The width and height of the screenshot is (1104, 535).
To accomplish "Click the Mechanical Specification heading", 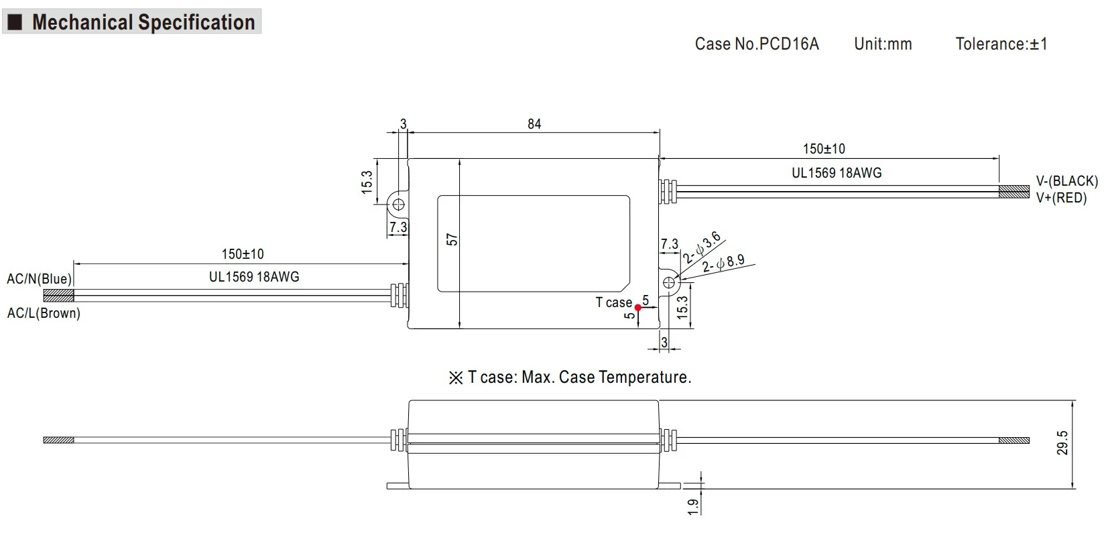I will (x=143, y=22).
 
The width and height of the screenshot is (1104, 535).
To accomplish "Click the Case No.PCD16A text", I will (x=757, y=44).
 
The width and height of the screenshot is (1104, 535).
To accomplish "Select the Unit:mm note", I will (x=883, y=44).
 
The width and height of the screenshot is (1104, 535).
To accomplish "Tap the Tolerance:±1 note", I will (x=1001, y=44).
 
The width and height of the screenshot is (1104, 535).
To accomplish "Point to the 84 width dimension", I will (x=534, y=124).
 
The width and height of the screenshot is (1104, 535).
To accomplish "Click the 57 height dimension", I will (x=452, y=239).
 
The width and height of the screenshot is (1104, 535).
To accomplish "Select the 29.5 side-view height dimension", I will (x=1063, y=443).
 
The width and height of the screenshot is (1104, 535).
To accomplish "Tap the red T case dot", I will (x=638, y=308).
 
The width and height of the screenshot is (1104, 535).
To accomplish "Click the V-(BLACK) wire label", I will (x=1067, y=181).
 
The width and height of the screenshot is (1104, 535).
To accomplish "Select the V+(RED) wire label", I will (x=1061, y=198).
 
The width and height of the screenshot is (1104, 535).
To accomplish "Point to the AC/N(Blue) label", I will (x=39, y=279).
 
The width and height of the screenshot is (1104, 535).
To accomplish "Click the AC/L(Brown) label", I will (x=44, y=313).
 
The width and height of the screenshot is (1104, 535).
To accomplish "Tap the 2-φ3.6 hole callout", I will (x=702, y=247).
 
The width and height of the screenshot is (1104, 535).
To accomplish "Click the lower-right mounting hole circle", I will (x=668, y=283).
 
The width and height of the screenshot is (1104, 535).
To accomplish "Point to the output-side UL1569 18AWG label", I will (x=837, y=173).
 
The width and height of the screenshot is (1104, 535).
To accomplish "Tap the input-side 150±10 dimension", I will (x=243, y=254).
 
